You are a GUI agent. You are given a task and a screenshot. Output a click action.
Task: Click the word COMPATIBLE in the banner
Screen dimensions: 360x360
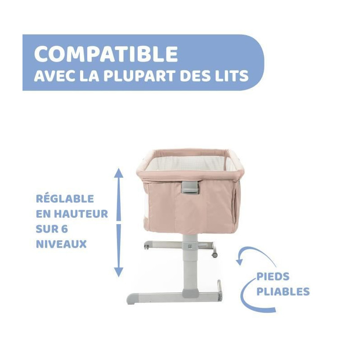[106, 54]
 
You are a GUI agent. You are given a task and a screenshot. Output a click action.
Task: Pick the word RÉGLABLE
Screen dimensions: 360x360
[65, 198]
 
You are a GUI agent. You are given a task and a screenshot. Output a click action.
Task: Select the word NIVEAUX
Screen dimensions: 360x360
[61, 244]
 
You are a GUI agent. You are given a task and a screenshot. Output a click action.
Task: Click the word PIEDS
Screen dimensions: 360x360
[273, 276]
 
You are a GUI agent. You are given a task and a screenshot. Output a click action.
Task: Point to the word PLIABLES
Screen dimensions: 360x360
[283, 291]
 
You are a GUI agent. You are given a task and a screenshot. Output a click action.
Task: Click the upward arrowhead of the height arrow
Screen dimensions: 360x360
[118, 173]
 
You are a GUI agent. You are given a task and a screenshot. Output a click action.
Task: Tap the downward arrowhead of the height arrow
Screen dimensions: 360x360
[118, 272]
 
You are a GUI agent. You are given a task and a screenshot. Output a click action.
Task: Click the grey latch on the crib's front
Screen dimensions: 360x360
[190, 187]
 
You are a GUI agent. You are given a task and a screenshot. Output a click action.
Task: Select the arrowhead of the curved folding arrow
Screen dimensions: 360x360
[240, 261]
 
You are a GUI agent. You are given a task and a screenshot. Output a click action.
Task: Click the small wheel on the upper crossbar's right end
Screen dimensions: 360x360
[215, 255]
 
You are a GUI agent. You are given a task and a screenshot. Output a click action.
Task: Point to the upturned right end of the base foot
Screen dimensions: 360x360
[220, 290]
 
